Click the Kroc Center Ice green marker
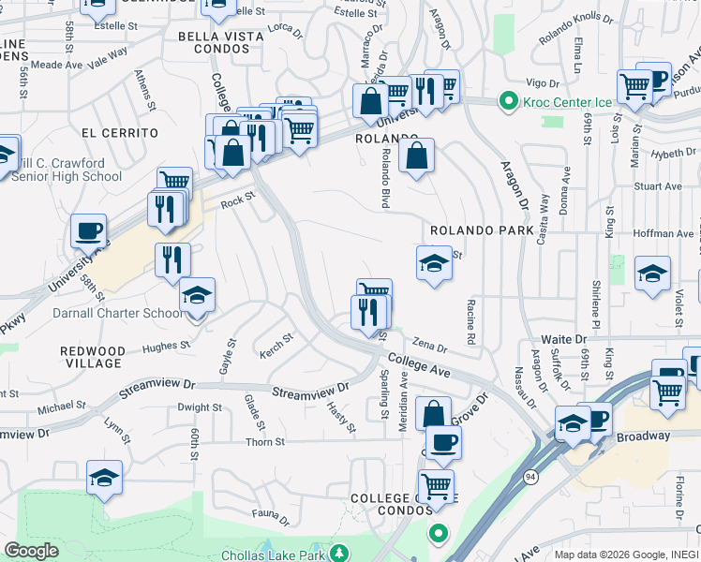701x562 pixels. click(509, 100)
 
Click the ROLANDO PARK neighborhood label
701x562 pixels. click(482, 230)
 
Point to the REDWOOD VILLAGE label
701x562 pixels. click(92, 356)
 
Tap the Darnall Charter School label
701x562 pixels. click(105, 313)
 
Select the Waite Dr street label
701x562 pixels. click(563, 339)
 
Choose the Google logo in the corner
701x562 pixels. click(31, 551)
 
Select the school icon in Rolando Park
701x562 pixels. click(434, 264)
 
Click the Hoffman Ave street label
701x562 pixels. click(664, 233)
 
